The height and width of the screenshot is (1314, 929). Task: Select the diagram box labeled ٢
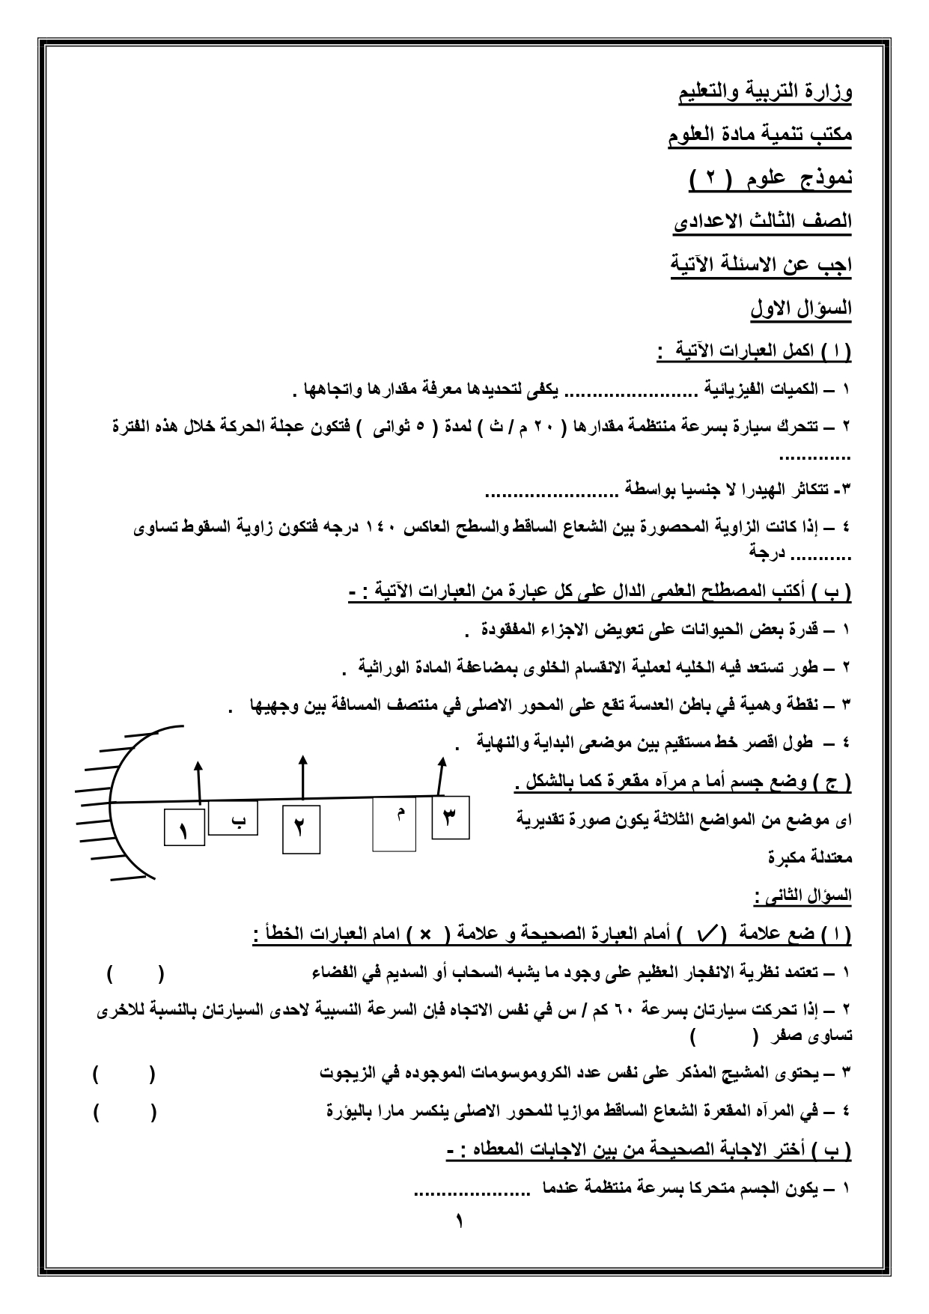click(301, 829)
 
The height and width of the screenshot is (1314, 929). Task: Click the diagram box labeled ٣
click(450, 817)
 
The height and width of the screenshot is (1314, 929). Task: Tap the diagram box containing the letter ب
click(233, 818)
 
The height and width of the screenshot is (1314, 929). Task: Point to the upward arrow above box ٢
click(302, 776)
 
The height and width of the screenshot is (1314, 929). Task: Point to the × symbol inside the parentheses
click(424, 934)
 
